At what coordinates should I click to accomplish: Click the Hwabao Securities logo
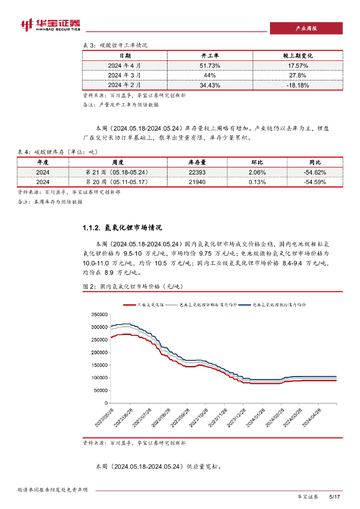(50, 24)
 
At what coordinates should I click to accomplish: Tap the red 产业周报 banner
(306, 28)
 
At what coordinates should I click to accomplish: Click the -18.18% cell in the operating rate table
(298, 85)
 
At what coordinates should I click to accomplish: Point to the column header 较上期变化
(298, 56)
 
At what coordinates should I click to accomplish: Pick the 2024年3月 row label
(124, 75)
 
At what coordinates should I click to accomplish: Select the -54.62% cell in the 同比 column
(314, 172)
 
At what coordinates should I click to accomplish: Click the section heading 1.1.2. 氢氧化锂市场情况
(122, 228)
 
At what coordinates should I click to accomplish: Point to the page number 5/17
(335, 497)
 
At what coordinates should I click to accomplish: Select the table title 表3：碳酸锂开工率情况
(115, 45)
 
